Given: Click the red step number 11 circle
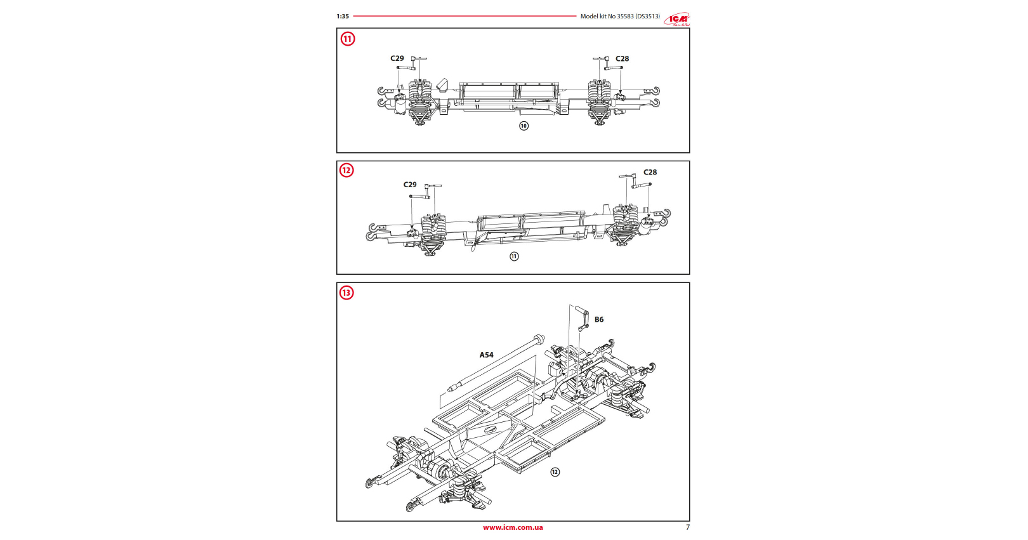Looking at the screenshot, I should coord(348,39).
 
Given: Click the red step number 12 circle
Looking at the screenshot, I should coord(346,170).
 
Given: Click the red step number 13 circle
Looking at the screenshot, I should coord(346,293).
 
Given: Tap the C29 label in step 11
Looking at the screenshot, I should coord(397,58).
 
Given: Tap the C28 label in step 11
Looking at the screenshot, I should coord(622,58).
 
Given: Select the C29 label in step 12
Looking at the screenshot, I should coord(410,185).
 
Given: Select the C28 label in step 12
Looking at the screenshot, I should coord(650,172).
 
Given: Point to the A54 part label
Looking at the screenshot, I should coord(486,355).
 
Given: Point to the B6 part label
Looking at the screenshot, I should coord(599,320).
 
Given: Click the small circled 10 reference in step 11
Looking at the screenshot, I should coord(524,126).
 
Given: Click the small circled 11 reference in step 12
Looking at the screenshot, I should coord(514,256).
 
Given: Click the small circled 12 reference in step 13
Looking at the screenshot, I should coord(555,472).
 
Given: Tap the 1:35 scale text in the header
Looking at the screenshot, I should coord(343,16).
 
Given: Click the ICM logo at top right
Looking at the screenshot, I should coord(677,19).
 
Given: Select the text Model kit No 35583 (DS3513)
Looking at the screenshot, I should coord(620,16).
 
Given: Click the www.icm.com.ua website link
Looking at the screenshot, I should coord(513,527).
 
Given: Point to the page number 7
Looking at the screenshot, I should coord(687,527).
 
